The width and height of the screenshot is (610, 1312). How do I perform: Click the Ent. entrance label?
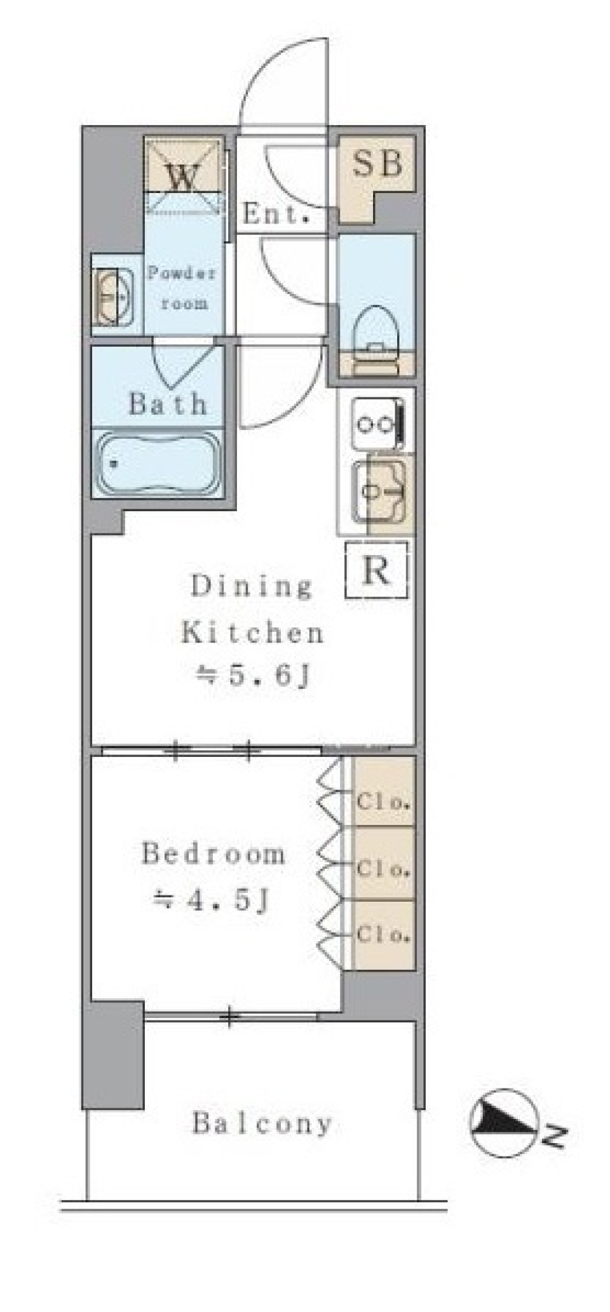276,214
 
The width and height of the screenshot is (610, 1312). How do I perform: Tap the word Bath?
168,403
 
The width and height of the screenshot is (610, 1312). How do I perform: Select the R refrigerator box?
376,570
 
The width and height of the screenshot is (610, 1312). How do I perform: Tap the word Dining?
252,586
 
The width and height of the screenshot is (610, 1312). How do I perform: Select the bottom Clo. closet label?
383,934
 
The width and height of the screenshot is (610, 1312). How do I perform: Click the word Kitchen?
253,632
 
